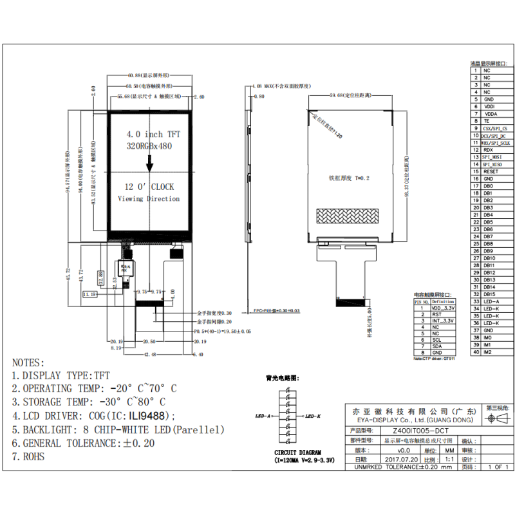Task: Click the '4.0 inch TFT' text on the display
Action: click(x=153, y=135)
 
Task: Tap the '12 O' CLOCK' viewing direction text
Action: click(x=149, y=187)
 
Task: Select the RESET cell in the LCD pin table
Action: click(x=491, y=171)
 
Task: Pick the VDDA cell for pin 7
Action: click(x=490, y=113)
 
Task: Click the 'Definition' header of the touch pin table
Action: click(x=442, y=301)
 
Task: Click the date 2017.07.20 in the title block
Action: click(x=400, y=460)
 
